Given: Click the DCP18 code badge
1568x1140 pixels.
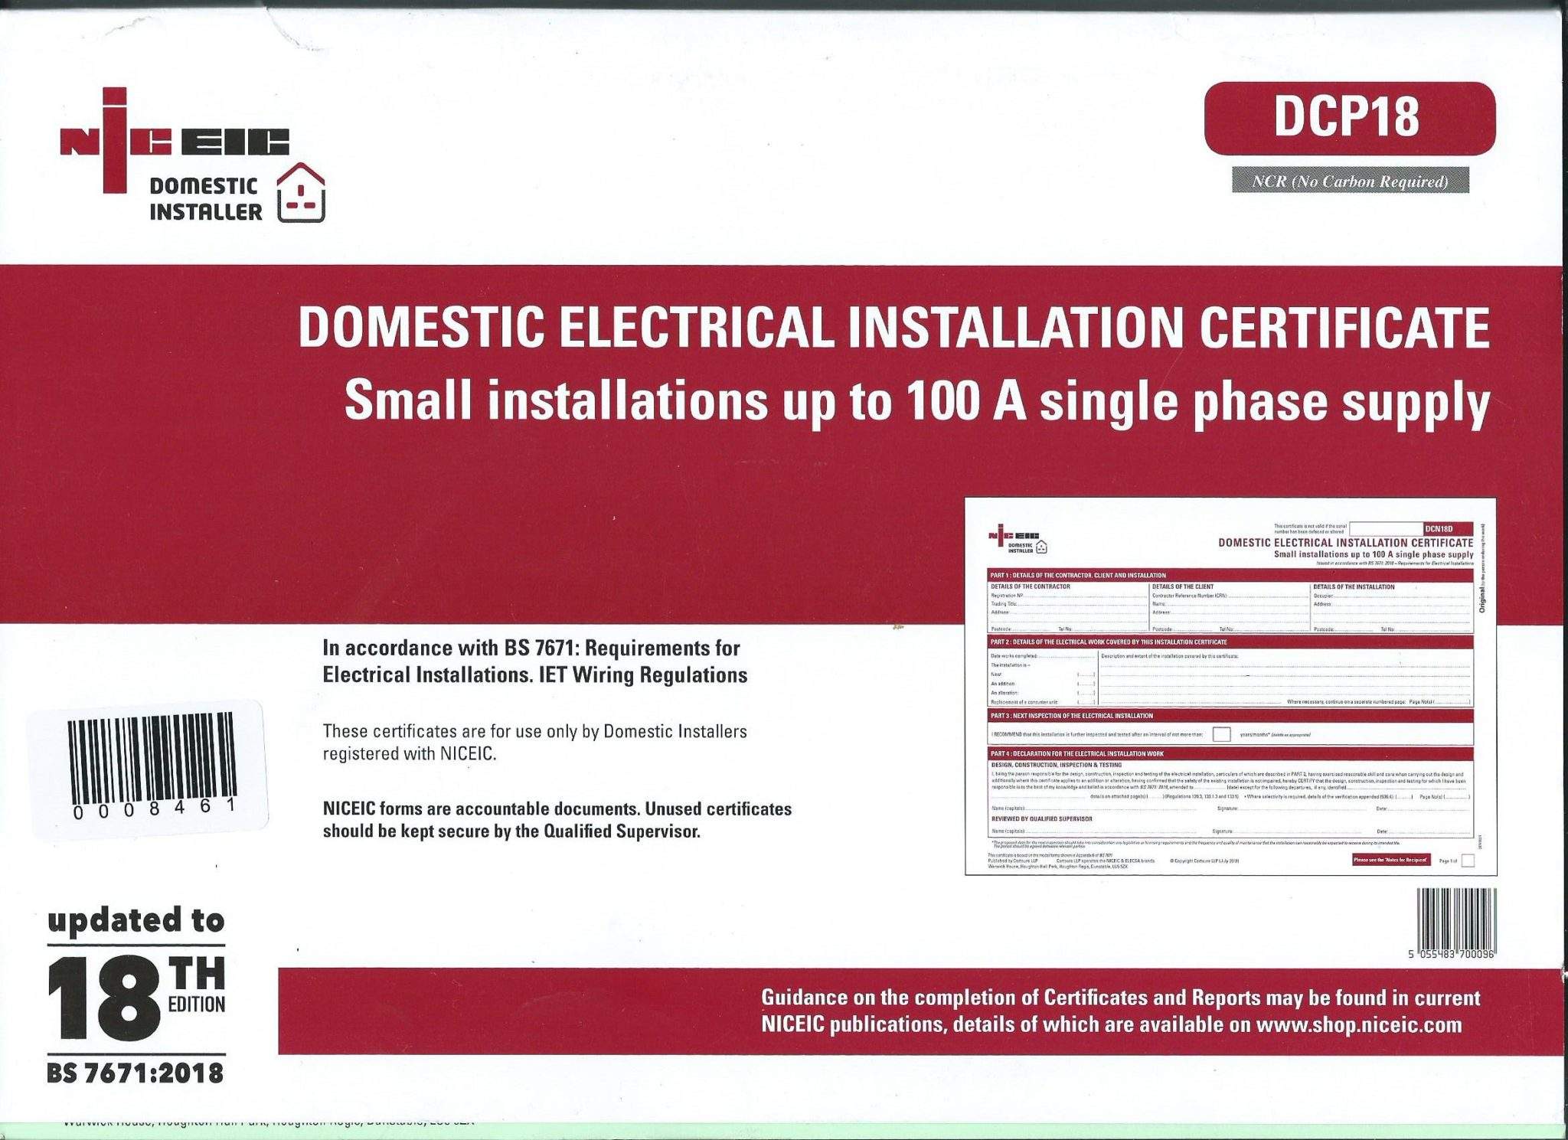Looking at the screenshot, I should point(1349,118).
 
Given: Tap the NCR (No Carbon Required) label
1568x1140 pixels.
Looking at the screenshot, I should point(1350,181).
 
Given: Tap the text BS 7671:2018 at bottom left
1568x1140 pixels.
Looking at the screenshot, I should point(136,1073).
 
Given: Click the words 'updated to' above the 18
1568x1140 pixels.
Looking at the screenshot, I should point(136,920).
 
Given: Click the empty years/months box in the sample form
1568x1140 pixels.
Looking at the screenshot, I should point(1221,734).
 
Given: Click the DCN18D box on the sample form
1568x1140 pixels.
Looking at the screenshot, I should point(1446,529).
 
